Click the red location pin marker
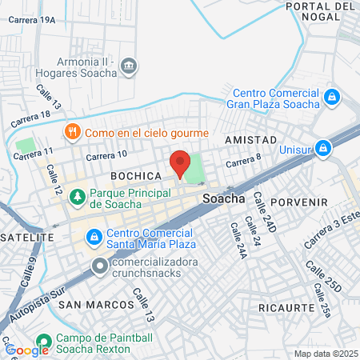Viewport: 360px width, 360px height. pos(180,162)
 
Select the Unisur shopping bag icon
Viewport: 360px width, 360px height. pos(322,148)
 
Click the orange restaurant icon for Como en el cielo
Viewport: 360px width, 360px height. pos(73,132)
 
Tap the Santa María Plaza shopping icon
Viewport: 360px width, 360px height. pos(94,237)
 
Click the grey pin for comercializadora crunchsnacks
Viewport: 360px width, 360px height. pos(100,265)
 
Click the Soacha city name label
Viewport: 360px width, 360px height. pos(224,198)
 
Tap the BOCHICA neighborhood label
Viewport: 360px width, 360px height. pos(136,174)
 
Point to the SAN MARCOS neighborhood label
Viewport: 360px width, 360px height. pos(96,305)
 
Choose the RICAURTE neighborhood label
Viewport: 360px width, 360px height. pos(286,306)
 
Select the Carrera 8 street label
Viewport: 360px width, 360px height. pos(243,162)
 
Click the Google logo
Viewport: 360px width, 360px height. pos(26,350)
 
